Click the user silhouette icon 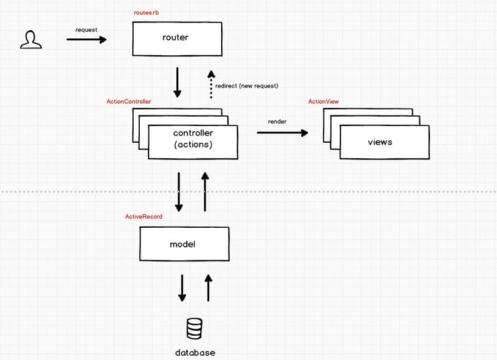[30, 40]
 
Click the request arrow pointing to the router [86, 40]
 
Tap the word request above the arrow [86, 30]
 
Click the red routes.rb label [146, 12]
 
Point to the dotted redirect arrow [211, 84]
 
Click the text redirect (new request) [247, 86]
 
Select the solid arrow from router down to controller [178, 82]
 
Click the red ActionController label [129, 101]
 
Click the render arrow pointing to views [283, 133]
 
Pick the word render [277, 122]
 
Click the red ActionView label [323, 101]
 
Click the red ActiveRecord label [144, 217]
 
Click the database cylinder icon [194, 328]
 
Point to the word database [195, 353]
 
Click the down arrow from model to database [182, 288]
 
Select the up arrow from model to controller [205, 192]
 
